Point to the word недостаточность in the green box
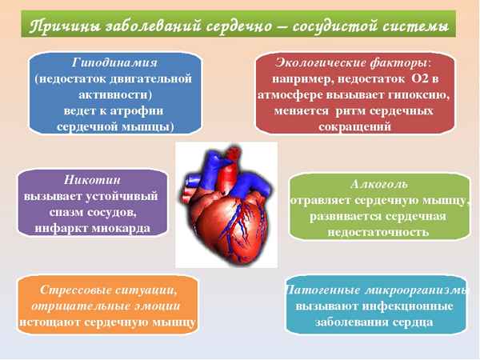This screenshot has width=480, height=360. click(378, 232)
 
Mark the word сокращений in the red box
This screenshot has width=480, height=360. click(354, 126)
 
